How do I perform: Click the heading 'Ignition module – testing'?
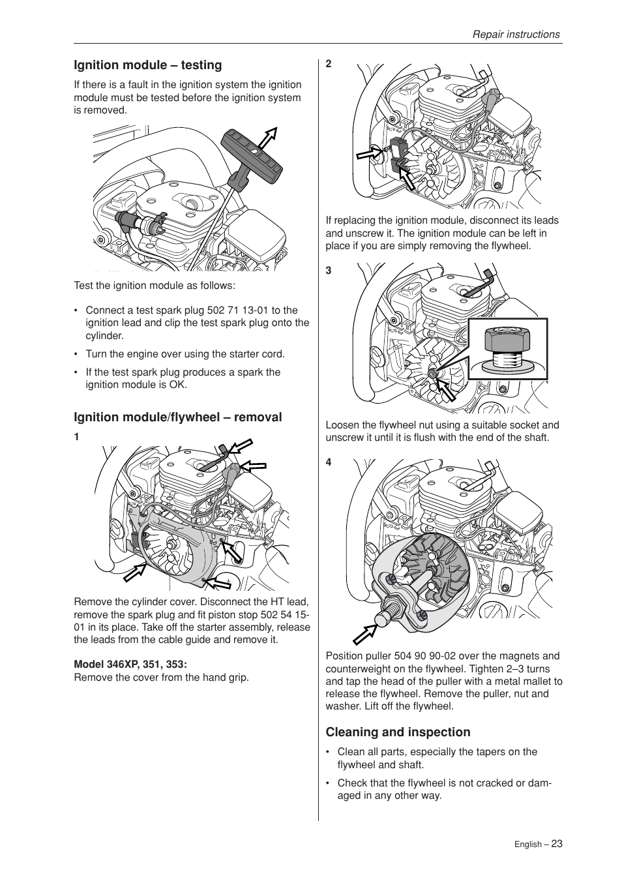[x=147, y=65]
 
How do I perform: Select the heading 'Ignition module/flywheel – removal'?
[x=177, y=417]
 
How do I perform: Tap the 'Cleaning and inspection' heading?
[x=398, y=732]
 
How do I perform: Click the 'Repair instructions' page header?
[x=516, y=35]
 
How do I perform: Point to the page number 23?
[x=556, y=843]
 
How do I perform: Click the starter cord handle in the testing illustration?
[x=252, y=155]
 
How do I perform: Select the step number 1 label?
[x=76, y=437]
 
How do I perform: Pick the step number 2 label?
[x=329, y=64]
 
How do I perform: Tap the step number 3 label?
[x=329, y=271]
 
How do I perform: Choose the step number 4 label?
[x=329, y=462]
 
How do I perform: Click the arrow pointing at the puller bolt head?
[x=366, y=633]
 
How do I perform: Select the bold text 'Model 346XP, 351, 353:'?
[x=130, y=664]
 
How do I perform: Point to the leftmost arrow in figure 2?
[x=370, y=154]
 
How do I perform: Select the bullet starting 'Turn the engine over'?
[x=185, y=354]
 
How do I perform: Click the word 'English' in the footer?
[x=527, y=844]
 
